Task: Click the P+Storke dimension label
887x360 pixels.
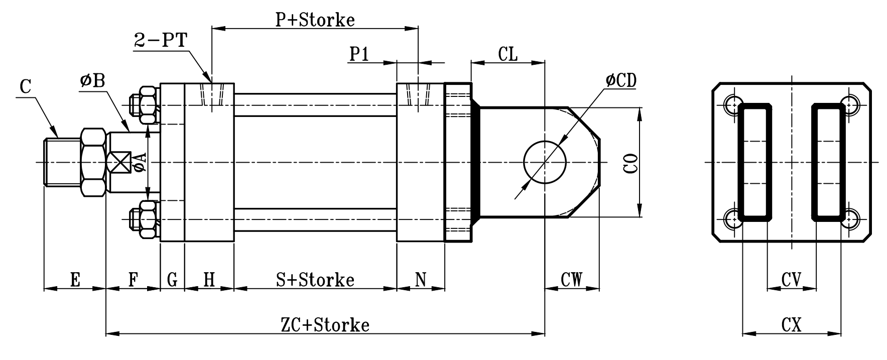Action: pos(315,20)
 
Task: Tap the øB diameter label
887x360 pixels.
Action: pos(92,80)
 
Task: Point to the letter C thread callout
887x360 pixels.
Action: pos(26,87)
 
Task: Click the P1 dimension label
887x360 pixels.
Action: pos(359,54)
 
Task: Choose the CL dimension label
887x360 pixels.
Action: pos(508,54)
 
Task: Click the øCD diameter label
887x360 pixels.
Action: pos(621,80)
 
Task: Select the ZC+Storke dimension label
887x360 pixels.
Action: pos(325,325)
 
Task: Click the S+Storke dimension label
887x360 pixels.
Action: pos(315,279)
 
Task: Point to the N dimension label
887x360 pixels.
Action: pos(421,279)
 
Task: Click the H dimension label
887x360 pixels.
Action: pos(209,279)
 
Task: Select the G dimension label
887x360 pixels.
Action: pos(172,279)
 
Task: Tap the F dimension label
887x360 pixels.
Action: pos(133,279)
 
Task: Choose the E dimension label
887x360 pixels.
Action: pos(75,279)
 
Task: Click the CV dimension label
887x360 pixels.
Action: pos(791,279)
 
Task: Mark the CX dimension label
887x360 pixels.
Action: pos(791,325)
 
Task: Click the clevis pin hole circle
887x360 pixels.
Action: pos(545,162)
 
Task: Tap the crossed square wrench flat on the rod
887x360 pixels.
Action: pos(119,162)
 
